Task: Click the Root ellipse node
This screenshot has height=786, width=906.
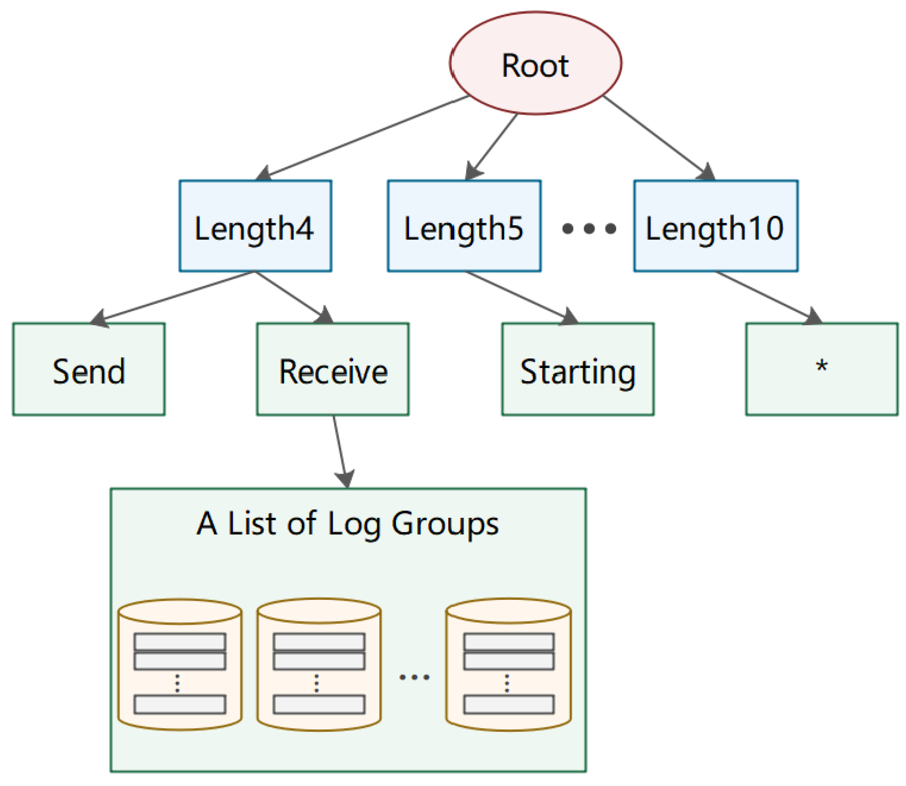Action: pyautogui.click(x=535, y=63)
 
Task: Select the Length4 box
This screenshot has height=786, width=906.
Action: pyautogui.click(x=255, y=226)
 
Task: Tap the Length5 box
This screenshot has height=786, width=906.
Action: pyautogui.click(x=463, y=226)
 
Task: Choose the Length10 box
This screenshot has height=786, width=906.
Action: pyautogui.click(x=715, y=226)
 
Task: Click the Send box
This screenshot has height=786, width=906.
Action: pyautogui.click(x=89, y=369)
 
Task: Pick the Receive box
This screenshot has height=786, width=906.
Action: pyautogui.click(x=333, y=369)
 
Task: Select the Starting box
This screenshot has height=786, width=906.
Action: pyautogui.click(x=578, y=369)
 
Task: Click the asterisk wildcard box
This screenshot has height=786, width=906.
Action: pyautogui.click(x=821, y=369)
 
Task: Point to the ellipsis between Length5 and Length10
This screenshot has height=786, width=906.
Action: pyautogui.click(x=589, y=228)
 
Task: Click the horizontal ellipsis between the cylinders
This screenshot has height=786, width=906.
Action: pyautogui.click(x=414, y=677)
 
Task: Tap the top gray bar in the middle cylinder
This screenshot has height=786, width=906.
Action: pyautogui.click(x=319, y=642)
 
